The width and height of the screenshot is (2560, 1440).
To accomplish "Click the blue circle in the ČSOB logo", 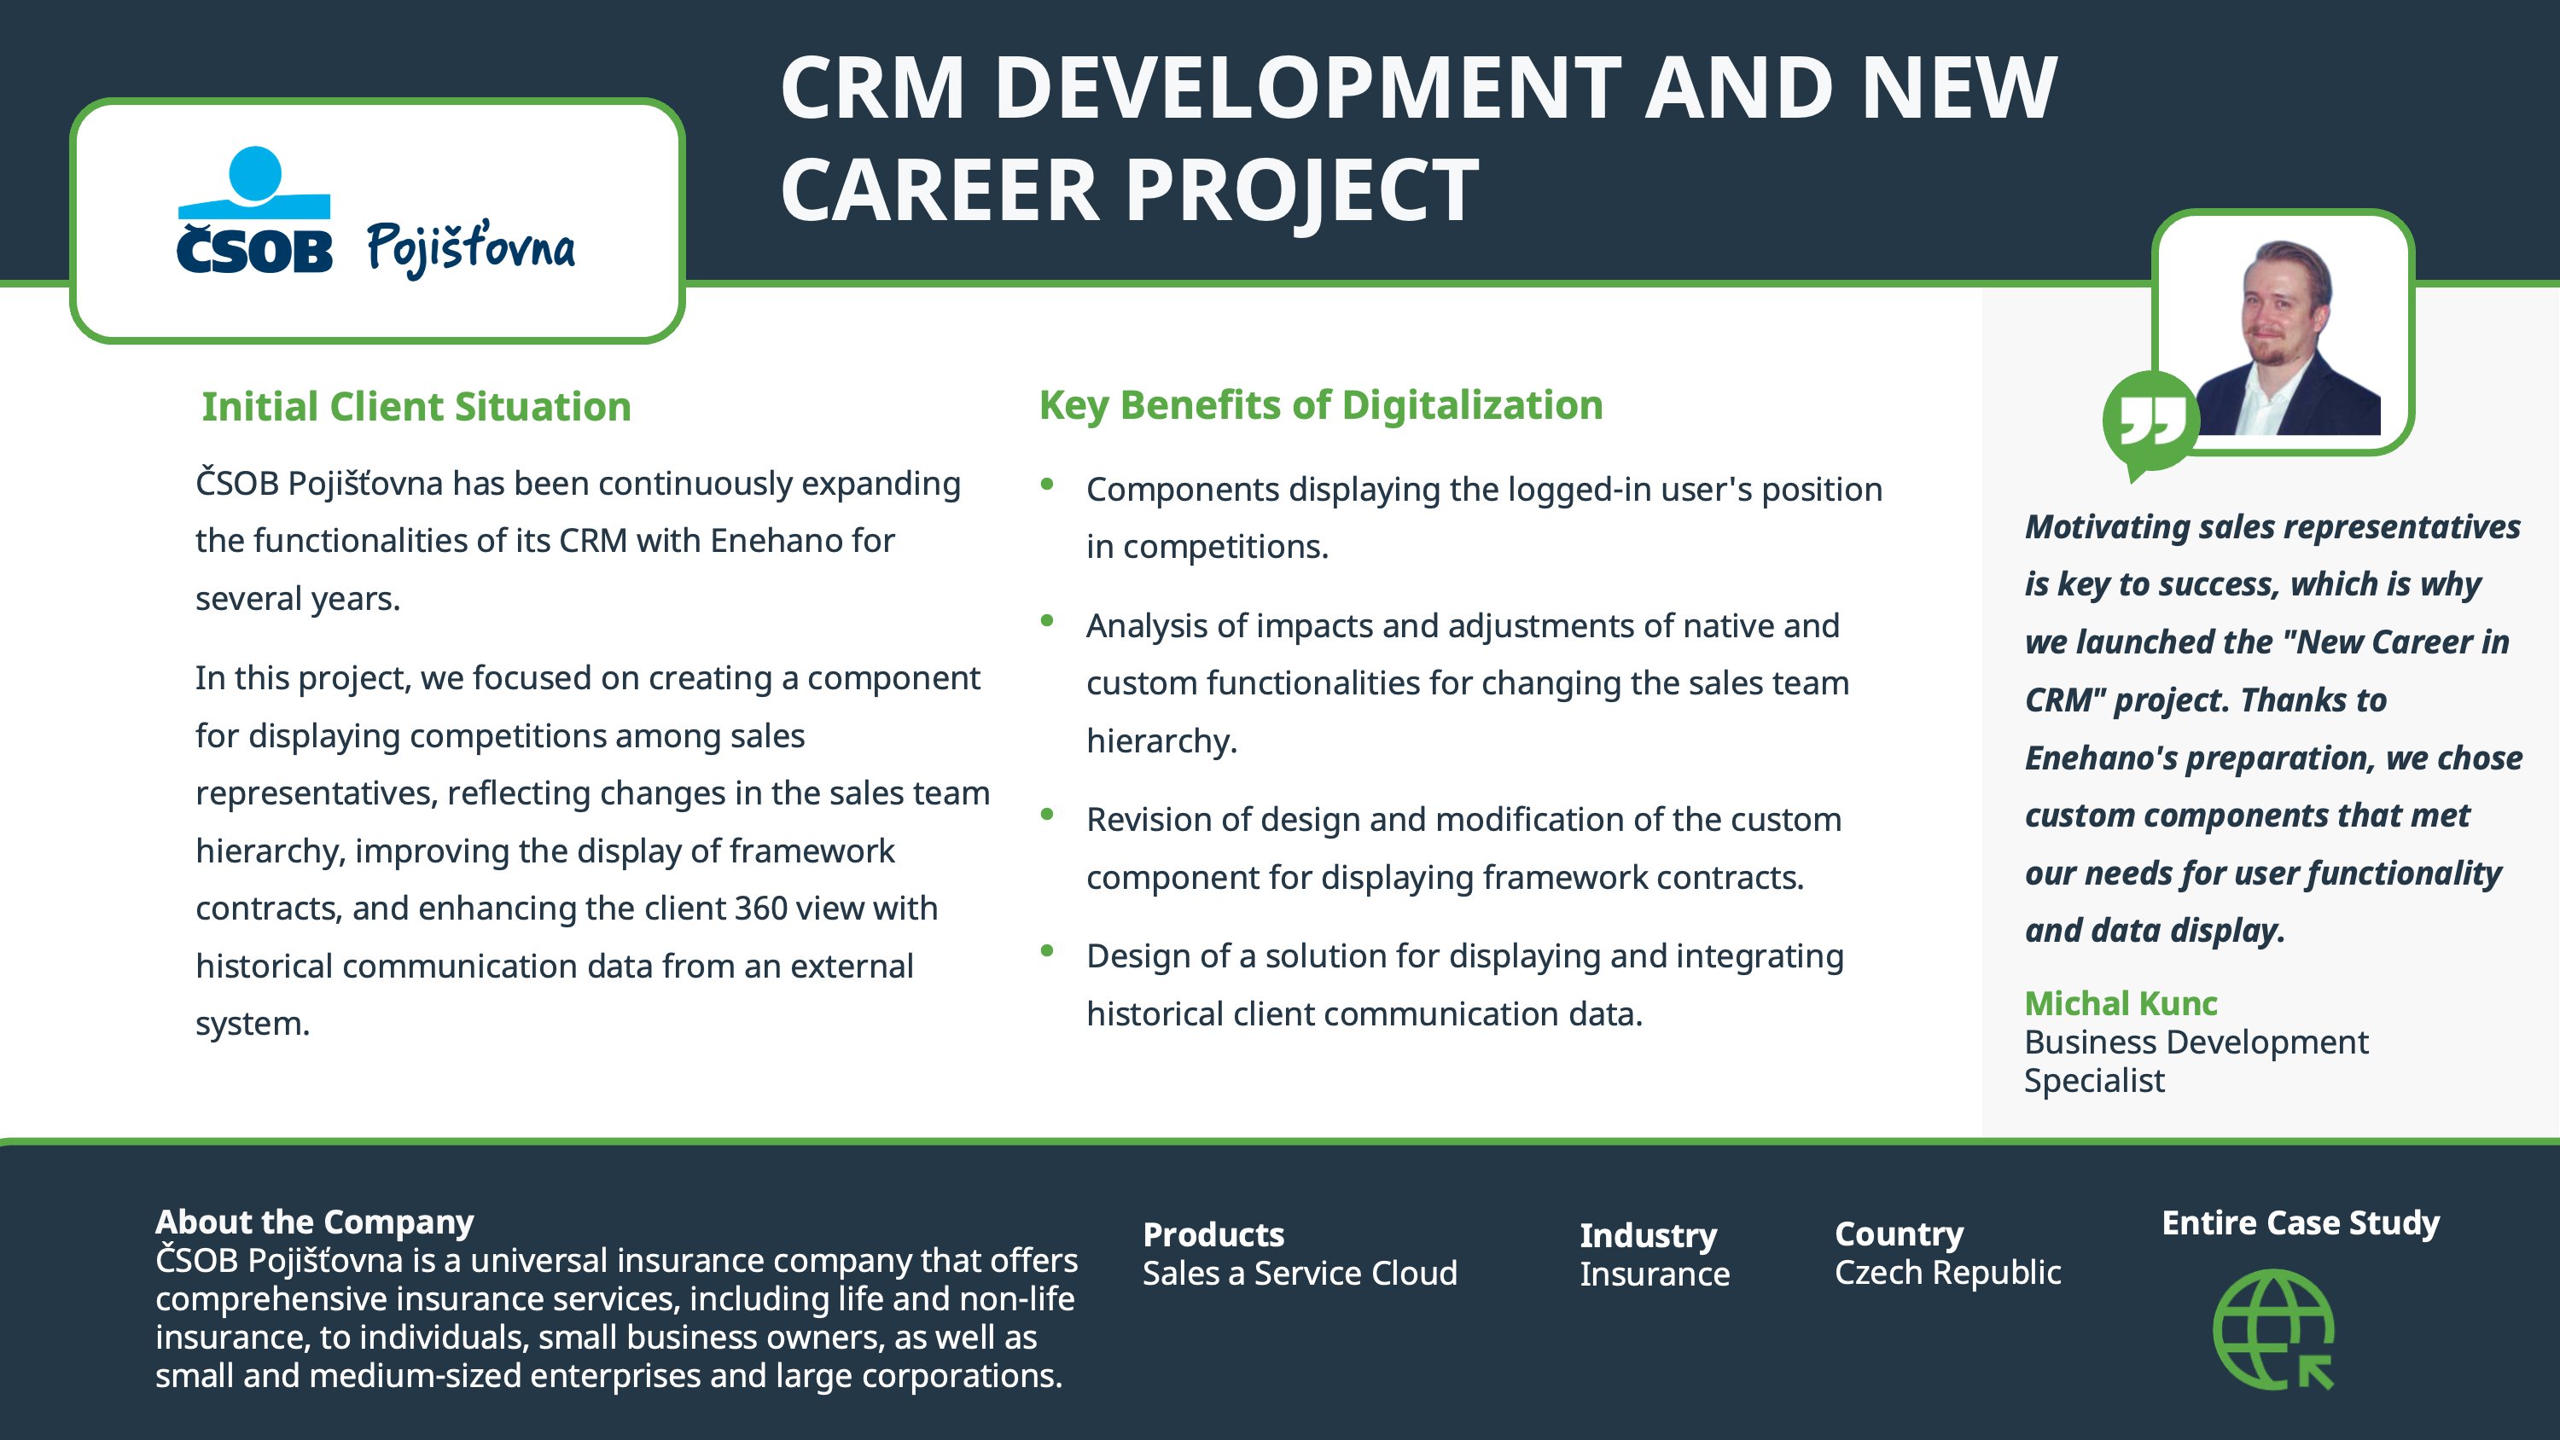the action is (x=255, y=175).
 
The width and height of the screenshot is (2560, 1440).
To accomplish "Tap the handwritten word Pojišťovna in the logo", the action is (x=471, y=247).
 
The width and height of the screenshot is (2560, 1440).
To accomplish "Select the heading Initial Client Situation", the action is (x=416, y=406).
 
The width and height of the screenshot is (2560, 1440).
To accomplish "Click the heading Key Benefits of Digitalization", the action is (x=1321, y=404).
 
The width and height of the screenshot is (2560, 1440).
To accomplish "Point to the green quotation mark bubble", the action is (x=2150, y=423).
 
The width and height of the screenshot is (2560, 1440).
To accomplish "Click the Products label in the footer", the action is (x=1213, y=1234).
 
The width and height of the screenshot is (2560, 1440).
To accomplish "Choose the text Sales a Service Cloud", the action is (x=1300, y=1273).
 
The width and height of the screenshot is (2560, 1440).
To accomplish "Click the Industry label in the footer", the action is (x=1649, y=1235).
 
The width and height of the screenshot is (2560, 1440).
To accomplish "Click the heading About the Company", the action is (x=314, y=1222).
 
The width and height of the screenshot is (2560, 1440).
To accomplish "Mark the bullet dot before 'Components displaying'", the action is (x=1046, y=484).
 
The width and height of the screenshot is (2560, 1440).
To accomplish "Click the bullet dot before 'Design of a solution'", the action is (x=1046, y=950).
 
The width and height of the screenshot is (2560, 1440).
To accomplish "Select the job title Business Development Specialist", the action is (x=2196, y=1060).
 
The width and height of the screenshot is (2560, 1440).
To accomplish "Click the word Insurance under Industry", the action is (x=1655, y=1274).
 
